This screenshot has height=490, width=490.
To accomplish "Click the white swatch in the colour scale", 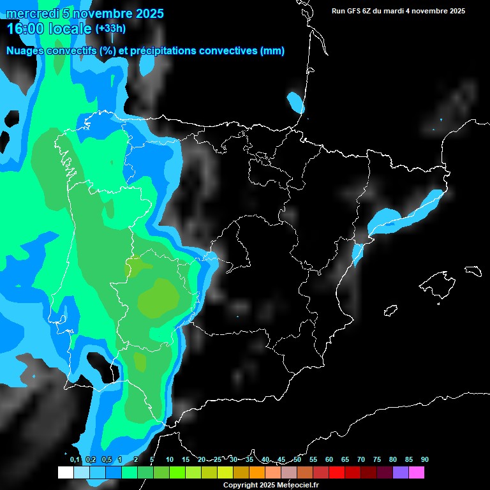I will [65, 472].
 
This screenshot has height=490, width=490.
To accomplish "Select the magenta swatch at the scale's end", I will [417, 472].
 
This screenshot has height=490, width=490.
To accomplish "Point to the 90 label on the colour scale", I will [424, 459].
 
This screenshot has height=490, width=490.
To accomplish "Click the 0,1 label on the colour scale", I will [75, 459].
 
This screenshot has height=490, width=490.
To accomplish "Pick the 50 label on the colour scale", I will [297, 459].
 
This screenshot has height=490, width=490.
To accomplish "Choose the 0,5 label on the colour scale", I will [107, 459].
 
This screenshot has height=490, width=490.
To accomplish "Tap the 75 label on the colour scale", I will [377, 459].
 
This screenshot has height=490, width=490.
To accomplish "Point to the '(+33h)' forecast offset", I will [110, 29].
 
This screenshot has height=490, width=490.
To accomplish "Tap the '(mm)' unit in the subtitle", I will [272, 51].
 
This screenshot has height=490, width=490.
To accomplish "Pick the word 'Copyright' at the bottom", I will [240, 486].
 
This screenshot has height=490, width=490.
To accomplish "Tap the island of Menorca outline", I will [473, 271].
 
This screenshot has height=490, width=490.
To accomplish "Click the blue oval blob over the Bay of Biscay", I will [295, 101].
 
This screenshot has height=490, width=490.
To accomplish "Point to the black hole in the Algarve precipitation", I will [101, 366].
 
